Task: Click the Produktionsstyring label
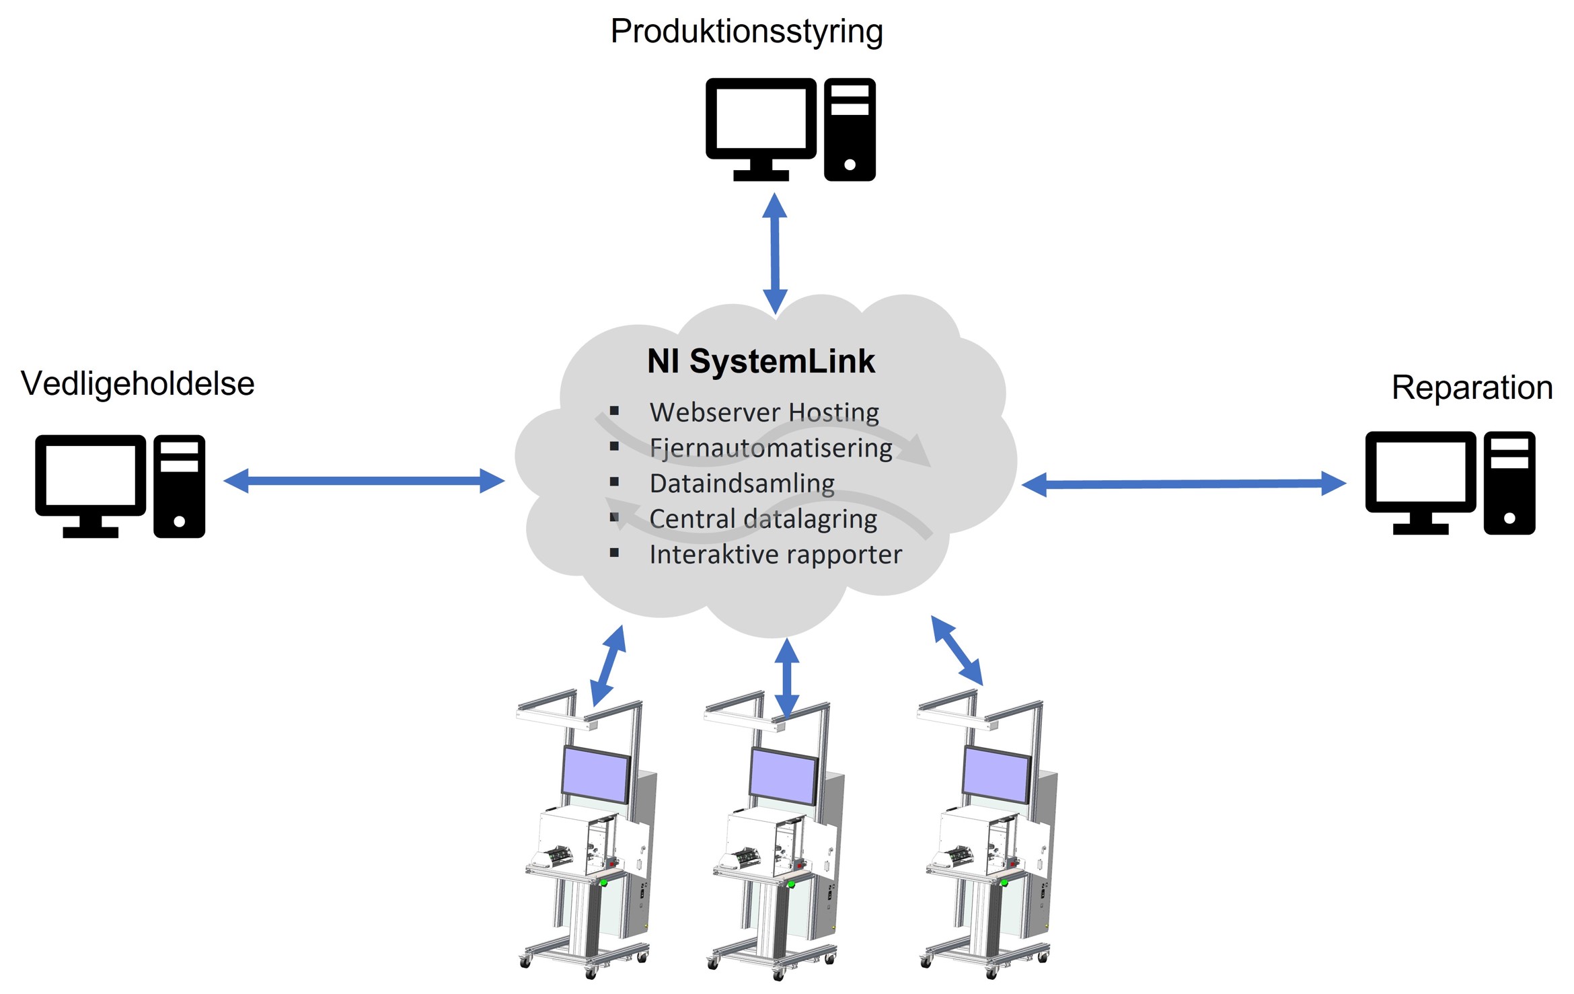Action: [x=746, y=32]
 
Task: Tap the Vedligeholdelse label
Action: [x=138, y=384]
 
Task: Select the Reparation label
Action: [x=1472, y=387]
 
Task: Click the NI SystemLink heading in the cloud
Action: [x=761, y=361]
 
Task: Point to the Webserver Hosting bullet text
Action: [x=764, y=412]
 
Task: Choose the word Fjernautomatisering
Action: [x=771, y=448]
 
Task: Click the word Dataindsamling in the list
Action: [x=742, y=484]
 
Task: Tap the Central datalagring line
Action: [x=763, y=519]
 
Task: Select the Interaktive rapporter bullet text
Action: [x=776, y=555]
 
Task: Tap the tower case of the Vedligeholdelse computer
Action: [x=179, y=486]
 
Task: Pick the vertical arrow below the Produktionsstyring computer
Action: [x=775, y=254]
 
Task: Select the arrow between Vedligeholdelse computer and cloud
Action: [x=364, y=481]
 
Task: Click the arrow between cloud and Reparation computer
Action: [x=1183, y=484]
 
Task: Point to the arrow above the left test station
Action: [x=608, y=665]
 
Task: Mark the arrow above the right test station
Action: [x=957, y=650]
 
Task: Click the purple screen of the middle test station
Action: [x=783, y=776]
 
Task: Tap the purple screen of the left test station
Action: [x=595, y=775]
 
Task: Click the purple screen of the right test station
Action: [x=996, y=775]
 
